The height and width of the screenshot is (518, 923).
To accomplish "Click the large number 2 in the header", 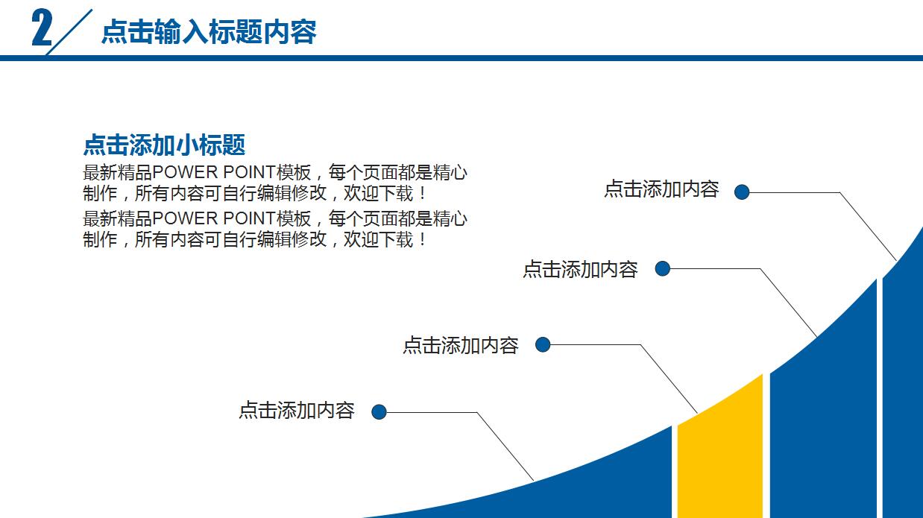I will (42, 30).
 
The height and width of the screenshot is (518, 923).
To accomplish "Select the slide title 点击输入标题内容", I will (209, 32).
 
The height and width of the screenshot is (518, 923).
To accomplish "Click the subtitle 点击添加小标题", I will (164, 145).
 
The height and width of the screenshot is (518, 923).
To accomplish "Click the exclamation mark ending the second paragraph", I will (423, 240).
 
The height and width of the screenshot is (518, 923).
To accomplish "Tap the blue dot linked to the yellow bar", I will (543, 344).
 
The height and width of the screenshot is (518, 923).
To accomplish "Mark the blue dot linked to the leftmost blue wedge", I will (379, 411).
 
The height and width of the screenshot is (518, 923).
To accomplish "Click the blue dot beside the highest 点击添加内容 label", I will (741, 192).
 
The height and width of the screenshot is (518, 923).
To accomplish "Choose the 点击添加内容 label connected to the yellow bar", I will (460, 345).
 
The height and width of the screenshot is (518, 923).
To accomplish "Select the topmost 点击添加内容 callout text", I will (661, 189).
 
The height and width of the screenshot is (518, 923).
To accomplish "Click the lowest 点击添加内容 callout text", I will (296, 411).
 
